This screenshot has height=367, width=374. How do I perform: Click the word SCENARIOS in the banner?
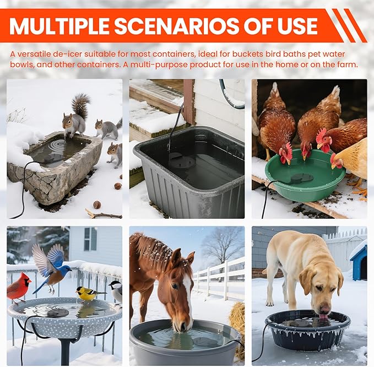click(177, 26)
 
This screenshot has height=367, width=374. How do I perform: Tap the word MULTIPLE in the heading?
click(59, 26)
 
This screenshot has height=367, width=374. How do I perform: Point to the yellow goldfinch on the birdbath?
click(89, 294)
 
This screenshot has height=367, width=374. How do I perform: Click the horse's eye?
click(175, 286)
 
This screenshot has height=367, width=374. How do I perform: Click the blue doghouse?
click(359, 263)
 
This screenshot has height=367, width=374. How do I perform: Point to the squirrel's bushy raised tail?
click(81, 105)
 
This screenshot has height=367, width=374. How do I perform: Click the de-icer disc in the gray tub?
click(182, 161)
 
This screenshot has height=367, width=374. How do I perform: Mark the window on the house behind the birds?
click(90, 239)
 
